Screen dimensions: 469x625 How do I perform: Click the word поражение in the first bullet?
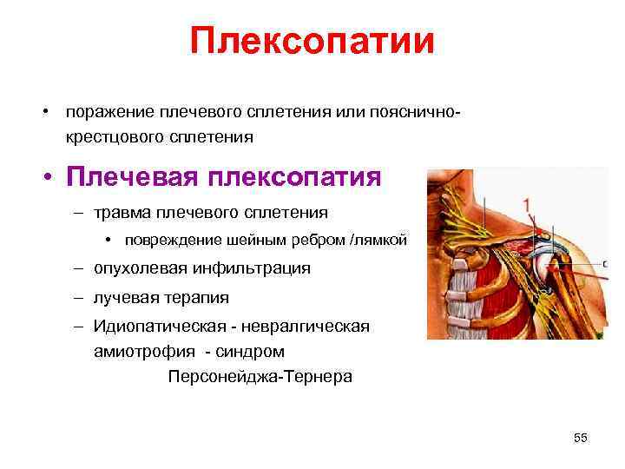[x=109, y=112]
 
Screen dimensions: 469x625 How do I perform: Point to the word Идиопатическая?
[x=155, y=326]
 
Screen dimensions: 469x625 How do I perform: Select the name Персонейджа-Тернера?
[x=260, y=378]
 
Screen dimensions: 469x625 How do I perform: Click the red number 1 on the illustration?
[x=526, y=204]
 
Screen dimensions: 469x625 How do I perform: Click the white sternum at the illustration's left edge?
[x=433, y=287]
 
